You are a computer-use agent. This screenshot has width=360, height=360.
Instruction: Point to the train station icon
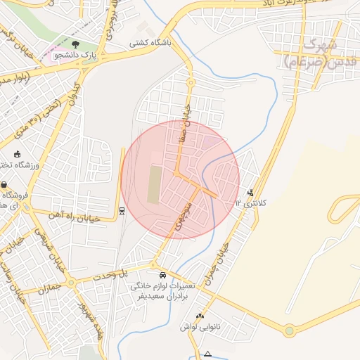pos(122,210)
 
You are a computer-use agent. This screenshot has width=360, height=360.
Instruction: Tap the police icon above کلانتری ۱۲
pos(251,193)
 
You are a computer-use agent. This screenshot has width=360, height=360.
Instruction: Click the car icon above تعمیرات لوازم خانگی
pos(163,276)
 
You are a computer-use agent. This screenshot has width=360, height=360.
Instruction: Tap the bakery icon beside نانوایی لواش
pos(200,316)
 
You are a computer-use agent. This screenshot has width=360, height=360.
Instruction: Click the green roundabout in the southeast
pos(289,330)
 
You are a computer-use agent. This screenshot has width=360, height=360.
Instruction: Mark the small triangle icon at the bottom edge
pos(208,354)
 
